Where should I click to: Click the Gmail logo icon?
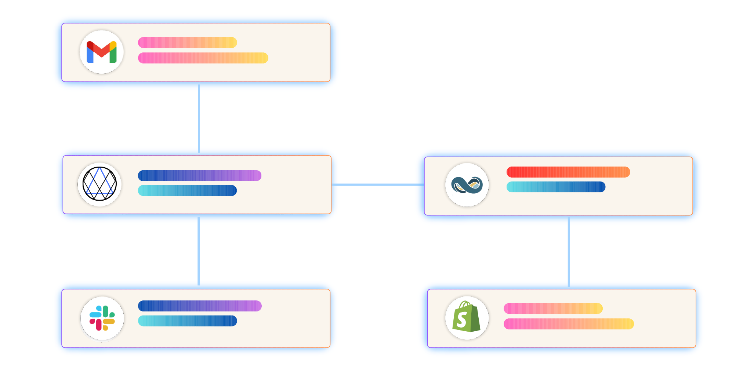(102, 52)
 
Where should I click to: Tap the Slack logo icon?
(102, 318)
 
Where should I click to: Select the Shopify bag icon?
(467, 317)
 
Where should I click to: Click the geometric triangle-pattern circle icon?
(99, 184)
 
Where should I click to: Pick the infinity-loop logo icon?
(467, 185)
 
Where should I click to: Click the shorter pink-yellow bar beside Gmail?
(187, 43)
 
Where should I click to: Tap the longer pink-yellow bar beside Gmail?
(203, 58)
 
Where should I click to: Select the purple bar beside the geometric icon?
(199, 176)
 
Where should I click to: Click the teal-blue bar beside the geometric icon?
(187, 190)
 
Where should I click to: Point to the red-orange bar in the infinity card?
(568, 172)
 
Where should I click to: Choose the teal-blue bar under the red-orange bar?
(556, 187)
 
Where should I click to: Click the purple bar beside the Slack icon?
(199, 306)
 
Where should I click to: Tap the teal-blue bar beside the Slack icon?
(187, 321)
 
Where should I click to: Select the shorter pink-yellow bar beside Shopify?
(553, 309)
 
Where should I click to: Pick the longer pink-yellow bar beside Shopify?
(569, 324)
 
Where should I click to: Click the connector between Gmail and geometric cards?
(199, 118)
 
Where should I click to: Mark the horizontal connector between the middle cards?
(377, 185)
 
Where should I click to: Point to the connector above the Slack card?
(199, 251)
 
